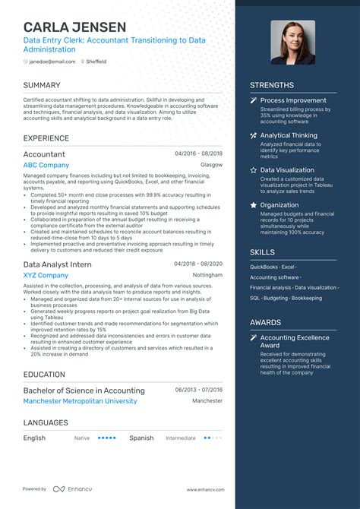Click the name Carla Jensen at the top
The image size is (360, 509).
[x=74, y=27]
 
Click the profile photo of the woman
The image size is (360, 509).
[x=293, y=42]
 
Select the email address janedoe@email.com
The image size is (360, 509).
[x=52, y=61]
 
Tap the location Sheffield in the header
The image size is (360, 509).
[x=96, y=61]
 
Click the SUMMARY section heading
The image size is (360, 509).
[x=42, y=85]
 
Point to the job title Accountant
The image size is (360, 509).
[x=44, y=153]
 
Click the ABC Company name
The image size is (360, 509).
[x=46, y=165]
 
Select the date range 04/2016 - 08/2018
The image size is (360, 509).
[x=198, y=153]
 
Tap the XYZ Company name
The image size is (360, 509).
[x=46, y=275]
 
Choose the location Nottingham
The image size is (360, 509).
[x=208, y=275]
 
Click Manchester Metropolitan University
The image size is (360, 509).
[x=81, y=400]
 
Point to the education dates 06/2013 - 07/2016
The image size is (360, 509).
[x=199, y=389]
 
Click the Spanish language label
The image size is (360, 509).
[x=141, y=438]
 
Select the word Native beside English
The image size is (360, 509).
[x=82, y=438]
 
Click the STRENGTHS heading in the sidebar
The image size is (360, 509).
[x=272, y=85]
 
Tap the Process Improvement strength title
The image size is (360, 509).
[x=293, y=100]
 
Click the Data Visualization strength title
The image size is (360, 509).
[x=287, y=170]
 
